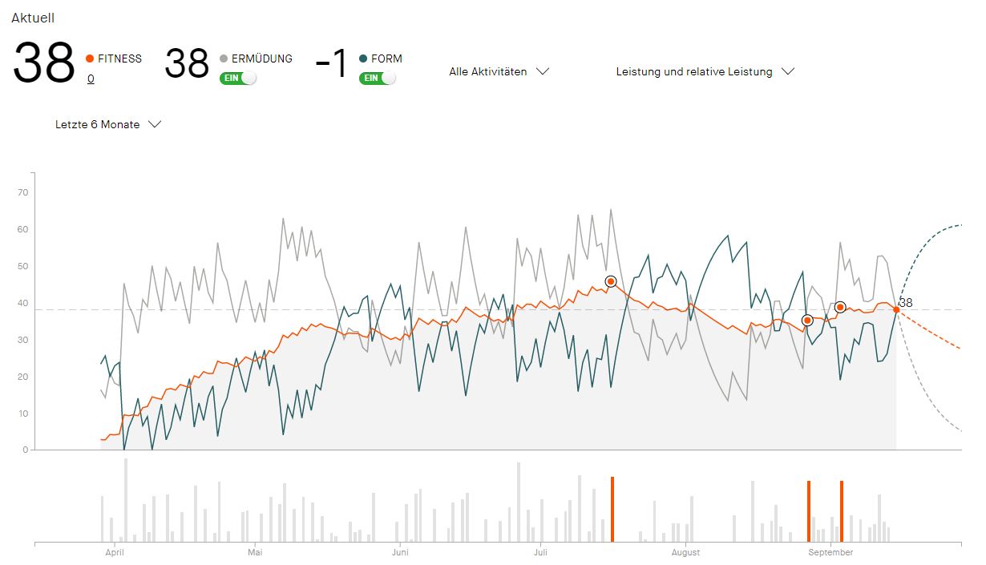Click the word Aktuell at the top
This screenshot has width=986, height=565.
pyautogui.click(x=33, y=18)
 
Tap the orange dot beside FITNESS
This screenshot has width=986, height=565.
pyautogui.click(x=90, y=59)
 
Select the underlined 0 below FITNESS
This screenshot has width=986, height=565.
pyautogui.click(x=91, y=79)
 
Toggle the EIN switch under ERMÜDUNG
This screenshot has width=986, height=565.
pyautogui.click(x=238, y=78)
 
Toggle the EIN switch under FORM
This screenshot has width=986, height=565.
pyautogui.click(x=378, y=78)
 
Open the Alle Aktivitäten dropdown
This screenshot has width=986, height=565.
pyautogui.click(x=499, y=71)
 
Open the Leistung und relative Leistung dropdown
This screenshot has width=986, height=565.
pyautogui.click(x=705, y=71)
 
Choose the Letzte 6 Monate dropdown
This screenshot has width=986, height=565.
pyautogui.click(x=108, y=124)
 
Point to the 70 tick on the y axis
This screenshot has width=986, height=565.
pyautogui.click(x=23, y=192)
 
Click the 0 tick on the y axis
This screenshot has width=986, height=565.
pyautogui.click(x=26, y=450)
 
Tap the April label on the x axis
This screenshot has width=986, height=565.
pyautogui.click(x=115, y=552)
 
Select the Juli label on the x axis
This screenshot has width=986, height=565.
pyautogui.click(x=540, y=552)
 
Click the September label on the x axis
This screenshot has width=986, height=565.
pyautogui.click(x=830, y=552)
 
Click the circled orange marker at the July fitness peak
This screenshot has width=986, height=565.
pyautogui.click(x=611, y=281)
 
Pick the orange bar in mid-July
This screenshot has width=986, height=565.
pyautogui.click(x=612, y=509)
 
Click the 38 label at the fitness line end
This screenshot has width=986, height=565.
pyautogui.click(x=906, y=303)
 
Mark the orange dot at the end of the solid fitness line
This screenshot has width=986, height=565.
pyautogui.click(x=896, y=309)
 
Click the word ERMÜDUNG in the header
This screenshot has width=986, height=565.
pyautogui.click(x=262, y=59)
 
